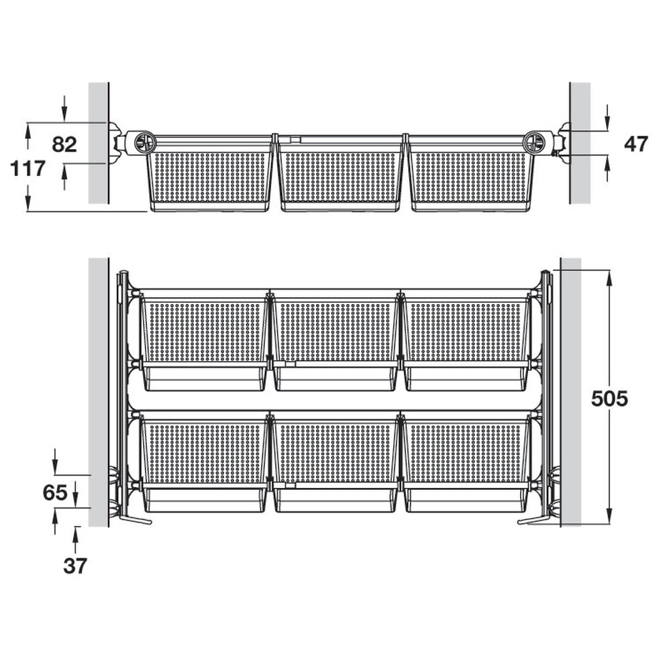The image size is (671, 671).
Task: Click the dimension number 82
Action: [64, 144]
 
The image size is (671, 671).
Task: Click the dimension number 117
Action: [28, 168]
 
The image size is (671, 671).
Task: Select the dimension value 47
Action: [636, 144]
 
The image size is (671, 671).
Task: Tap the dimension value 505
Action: [609, 399]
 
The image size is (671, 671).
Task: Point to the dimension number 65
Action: [55, 493]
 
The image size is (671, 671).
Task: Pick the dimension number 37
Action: [75, 566]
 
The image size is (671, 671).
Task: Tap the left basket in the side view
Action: [209, 174]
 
